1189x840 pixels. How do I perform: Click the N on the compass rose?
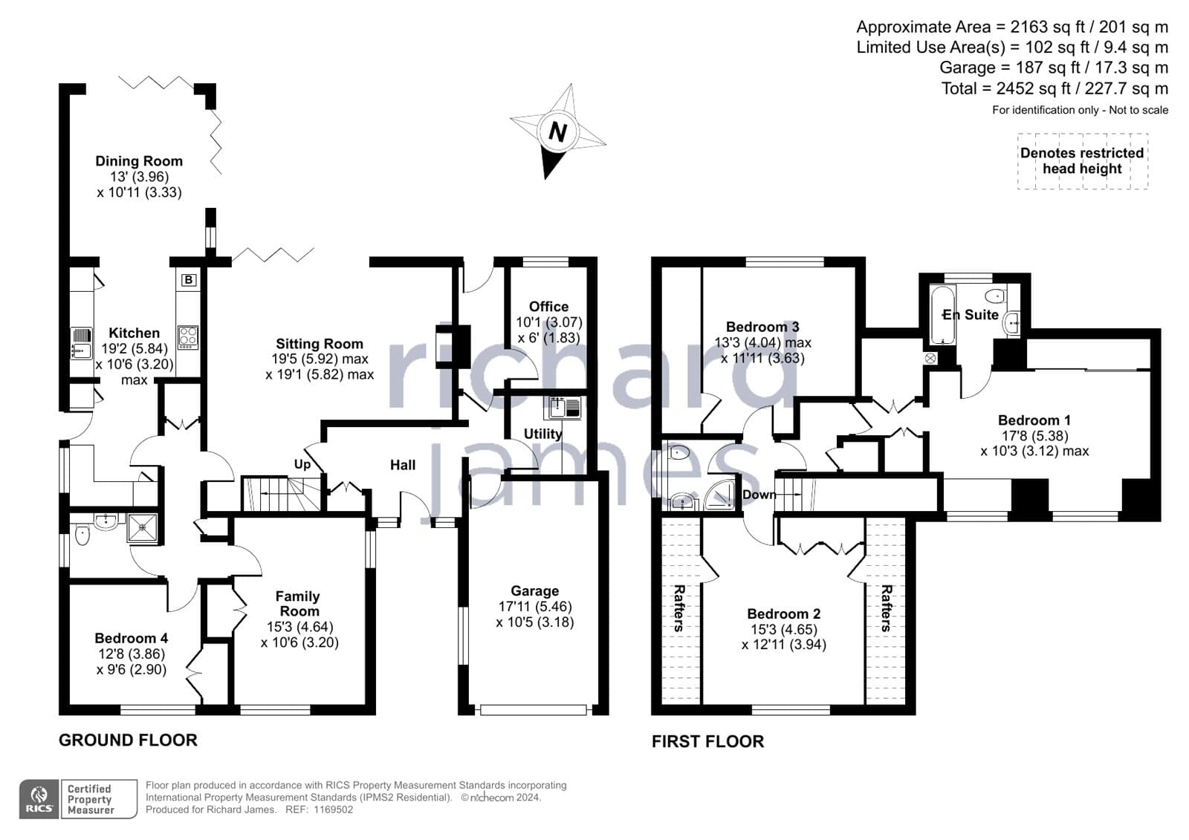(x=558, y=131)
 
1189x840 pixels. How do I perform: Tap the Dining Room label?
(x=139, y=160)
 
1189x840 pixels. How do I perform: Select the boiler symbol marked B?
(x=189, y=280)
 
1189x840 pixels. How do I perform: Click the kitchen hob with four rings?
(x=188, y=337)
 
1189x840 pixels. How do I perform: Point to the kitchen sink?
(x=81, y=343)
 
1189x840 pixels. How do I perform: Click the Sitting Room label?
(x=320, y=344)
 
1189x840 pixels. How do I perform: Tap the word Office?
(x=549, y=306)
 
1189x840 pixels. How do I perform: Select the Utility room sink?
(x=562, y=408)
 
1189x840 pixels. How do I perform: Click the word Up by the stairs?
(x=302, y=464)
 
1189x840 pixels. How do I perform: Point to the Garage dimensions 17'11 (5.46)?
(x=534, y=606)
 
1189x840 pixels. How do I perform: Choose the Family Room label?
(x=298, y=603)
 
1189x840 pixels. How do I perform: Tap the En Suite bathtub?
(x=943, y=315)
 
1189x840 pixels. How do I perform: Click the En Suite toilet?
(x=997, y=295)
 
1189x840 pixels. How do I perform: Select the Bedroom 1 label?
(x=1034, y=420)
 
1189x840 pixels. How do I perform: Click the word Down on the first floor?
(x=759, y=495)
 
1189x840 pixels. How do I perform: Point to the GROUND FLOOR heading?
(x=128, y=740)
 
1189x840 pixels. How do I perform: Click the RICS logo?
(x=39, y=798)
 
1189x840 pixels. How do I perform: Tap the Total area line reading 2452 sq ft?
(x=1054, y=88)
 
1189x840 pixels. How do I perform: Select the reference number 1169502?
(x=334, y=810)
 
